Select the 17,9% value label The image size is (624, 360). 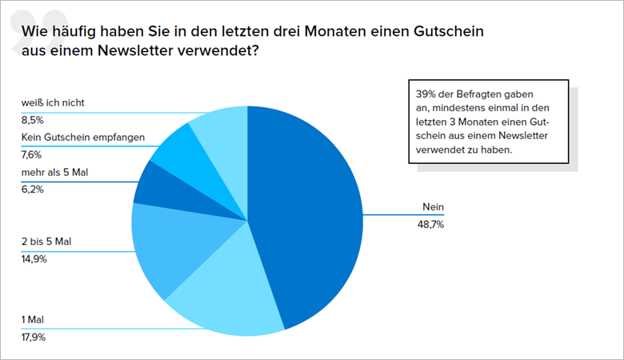tap(34, 338)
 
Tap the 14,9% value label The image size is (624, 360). tap(34, 259)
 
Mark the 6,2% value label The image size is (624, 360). tap(32, 190)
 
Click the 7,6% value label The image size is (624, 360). tap(32, 155)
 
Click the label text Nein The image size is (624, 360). tap(433, 207)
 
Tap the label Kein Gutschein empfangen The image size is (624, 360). tap(82, 138)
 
